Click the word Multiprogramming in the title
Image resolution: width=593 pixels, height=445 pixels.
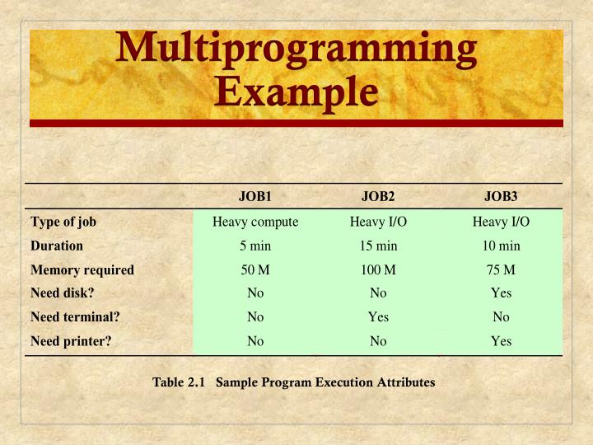[296, 50]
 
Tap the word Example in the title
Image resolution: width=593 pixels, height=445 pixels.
[296, 91]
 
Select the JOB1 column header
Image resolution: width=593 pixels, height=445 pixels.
[255, 196]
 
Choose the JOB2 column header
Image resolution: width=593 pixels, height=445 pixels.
[378, 196]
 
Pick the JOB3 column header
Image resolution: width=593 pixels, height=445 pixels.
[501, 196]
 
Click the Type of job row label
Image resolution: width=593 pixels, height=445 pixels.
[63, 222]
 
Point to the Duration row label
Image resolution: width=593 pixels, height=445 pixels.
[57, 246]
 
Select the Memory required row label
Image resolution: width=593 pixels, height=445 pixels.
[82, 269]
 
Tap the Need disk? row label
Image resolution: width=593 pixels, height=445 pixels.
[63, 293]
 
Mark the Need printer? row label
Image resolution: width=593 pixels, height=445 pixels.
[71, 340]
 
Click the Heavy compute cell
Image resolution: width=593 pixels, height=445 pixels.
[255, 222]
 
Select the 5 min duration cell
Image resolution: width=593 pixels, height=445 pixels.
[255, 246]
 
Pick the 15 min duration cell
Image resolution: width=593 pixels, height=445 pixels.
[378, 246]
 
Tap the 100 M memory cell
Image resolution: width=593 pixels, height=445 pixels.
[378, 269]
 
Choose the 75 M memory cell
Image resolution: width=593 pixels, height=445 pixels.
[501, 269]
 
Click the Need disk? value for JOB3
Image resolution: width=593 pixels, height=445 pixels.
[501, 293]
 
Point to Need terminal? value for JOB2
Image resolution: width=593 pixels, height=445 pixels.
[378, 316]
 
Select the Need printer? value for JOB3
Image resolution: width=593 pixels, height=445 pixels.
[501, 340]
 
